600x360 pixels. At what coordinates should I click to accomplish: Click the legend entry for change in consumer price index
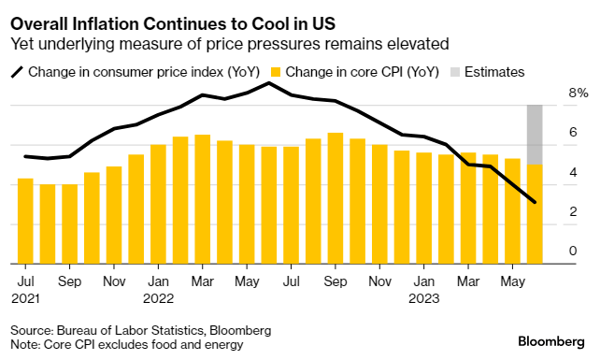click(x=130, y=71)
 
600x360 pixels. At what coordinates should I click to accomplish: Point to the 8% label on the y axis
click(x=579, y=94)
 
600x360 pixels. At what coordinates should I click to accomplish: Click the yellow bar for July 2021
click(x=25, y=221)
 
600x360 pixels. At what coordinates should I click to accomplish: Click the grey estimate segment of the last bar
click(x=535, y=135)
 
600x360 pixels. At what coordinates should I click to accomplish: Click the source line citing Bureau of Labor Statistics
click(x=141, y=330)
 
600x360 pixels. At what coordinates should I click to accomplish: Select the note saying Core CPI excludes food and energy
click(x=127, y=345)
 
